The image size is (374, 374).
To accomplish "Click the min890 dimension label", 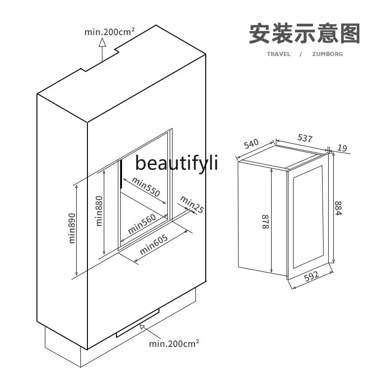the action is coord(72,228).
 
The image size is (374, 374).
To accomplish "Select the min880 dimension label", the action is coord(99,211).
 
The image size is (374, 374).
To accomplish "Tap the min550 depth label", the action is coord(146,187).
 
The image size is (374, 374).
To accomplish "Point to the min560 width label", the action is coord(142,224).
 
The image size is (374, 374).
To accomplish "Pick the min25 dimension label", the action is coord(192,204).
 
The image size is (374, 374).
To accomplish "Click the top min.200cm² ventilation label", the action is coord(109,32).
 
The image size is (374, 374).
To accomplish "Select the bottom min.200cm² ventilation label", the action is coord(174,344).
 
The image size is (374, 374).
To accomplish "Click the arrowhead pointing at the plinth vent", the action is coord(143,327).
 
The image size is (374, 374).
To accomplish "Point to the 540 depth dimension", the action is coord(251,144).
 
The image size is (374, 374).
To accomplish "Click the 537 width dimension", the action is coord(305,138).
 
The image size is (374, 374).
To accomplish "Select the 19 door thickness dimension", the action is coord(342,148).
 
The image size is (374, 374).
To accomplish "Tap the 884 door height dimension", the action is coord(338,208).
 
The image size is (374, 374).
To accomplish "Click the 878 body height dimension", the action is coord(266,222).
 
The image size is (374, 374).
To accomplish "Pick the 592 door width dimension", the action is coord(312,276).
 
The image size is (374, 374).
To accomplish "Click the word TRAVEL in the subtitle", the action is coord(279,54).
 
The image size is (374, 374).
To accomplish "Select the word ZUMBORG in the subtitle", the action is coord(328,54).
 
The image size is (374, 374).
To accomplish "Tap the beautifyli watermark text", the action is coord(177,163).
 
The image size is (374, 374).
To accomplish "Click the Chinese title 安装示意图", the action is coord(305,33).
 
